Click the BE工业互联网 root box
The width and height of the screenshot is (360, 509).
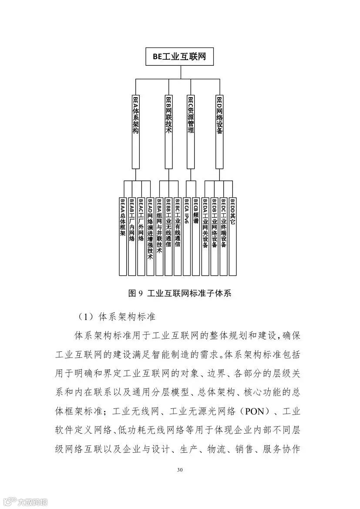pyautogui.click(x=179, y=57)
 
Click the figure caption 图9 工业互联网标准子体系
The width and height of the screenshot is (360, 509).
pyautogui.click(x=179, y=293)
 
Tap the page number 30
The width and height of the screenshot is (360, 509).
pyautogui.click(x=180, y=470)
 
